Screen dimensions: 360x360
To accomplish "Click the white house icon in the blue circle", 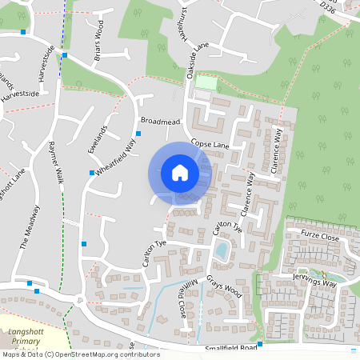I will coord(180,172).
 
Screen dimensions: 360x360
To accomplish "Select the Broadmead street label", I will coord(159,121).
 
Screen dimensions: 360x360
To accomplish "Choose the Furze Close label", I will coord(320,234).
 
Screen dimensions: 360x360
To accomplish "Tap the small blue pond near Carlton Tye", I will coord(221,250).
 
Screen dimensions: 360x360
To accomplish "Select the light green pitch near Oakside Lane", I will coord(206,82).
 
